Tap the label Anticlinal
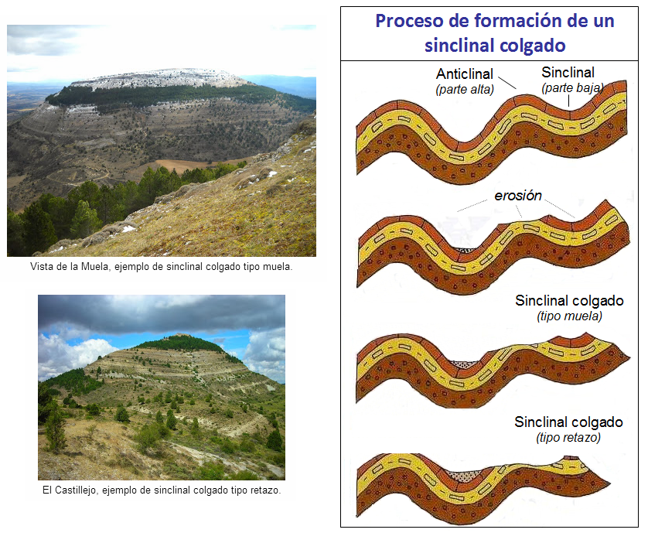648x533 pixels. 465,73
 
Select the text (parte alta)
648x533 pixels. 465,89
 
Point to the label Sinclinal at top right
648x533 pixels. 568,73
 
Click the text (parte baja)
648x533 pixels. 572,87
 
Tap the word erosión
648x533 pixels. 518,195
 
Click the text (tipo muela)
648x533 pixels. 569,316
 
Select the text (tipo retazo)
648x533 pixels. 568,438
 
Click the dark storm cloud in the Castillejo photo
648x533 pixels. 161,313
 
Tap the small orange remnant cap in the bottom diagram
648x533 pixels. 572,458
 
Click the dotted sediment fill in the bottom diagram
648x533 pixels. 465,477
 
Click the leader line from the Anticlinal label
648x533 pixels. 507,83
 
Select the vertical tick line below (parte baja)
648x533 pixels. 568,101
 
